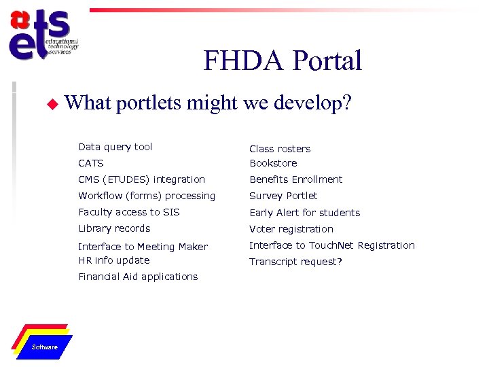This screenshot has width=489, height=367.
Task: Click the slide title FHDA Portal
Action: click(283, 61)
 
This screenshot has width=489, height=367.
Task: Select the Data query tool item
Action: click(115, 147)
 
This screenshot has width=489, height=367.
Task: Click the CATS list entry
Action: click(91, 163)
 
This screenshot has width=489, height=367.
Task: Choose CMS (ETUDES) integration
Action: click(141, 179)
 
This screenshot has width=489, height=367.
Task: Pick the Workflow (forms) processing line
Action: click(147, 196)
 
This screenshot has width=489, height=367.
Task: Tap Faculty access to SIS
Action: click(129, 212)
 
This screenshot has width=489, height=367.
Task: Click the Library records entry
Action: click(114, 228)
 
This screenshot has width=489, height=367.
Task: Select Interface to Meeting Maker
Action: click(143, 247)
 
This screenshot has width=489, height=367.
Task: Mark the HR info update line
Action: click(114, 260)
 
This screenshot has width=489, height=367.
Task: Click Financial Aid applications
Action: click(138, 277)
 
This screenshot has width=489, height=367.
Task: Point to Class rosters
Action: click(280, 149)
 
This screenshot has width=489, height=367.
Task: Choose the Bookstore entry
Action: click(273, 163)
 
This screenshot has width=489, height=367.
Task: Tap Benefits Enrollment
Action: click(296, 179)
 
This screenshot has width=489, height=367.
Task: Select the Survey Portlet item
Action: click(283, 196)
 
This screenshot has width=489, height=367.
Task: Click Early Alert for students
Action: click(304, 213)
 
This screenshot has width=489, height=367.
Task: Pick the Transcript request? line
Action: click(295, 262)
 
